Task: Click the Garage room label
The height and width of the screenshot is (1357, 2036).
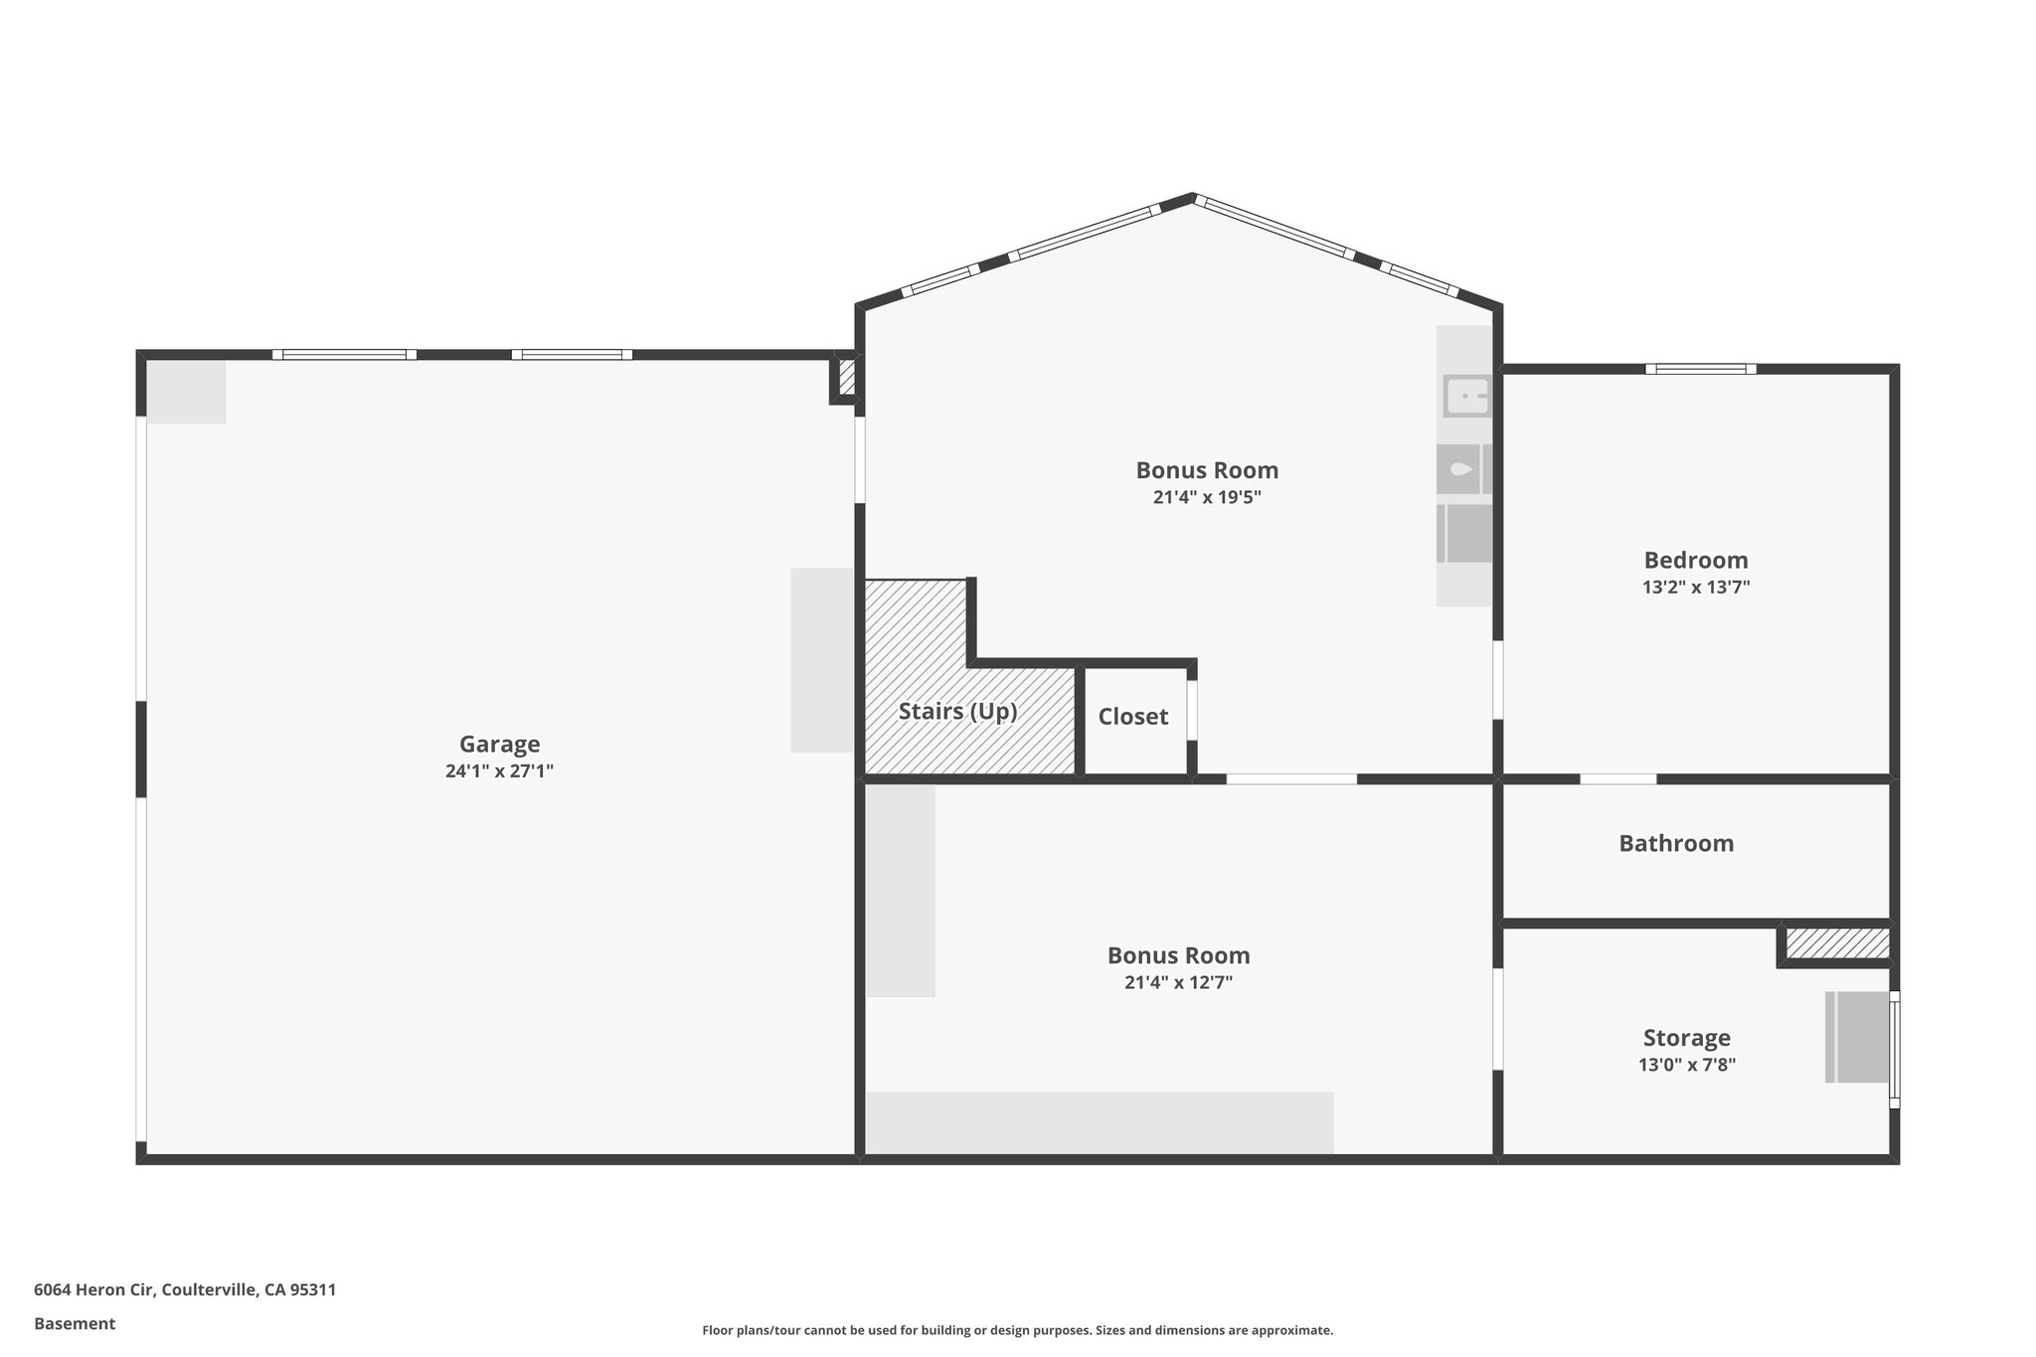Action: [499, 744]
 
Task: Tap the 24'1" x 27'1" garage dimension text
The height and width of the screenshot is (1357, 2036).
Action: [499, 770]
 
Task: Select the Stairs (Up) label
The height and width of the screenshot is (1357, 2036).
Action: [957, 712]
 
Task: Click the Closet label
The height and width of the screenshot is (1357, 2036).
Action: [1132, 717]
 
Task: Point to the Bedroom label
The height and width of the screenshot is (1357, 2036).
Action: [1695, 560]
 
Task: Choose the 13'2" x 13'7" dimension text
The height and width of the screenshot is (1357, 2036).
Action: [1695, 587]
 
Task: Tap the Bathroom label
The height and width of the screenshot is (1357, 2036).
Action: [1676, 844]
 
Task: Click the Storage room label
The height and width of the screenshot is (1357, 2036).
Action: [1686, 1038]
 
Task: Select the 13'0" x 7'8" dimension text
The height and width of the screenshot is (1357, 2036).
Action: [1686, 1065]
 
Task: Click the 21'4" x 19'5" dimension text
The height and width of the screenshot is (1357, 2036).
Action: [1207, 497]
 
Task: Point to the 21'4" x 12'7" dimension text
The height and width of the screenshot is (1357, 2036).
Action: [1178, 982]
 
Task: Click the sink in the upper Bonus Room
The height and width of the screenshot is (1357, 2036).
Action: [1466, 396]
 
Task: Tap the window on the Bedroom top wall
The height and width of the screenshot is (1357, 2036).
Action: [1700, 369]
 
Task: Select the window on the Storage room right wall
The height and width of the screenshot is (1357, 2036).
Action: [1894, 1049]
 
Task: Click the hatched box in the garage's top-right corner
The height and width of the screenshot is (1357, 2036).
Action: [847, 379]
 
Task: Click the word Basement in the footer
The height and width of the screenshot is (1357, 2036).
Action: [75, 1323]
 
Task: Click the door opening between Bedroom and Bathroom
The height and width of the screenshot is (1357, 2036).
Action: [1617, 778]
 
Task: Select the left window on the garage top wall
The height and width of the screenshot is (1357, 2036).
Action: [344, 354]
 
